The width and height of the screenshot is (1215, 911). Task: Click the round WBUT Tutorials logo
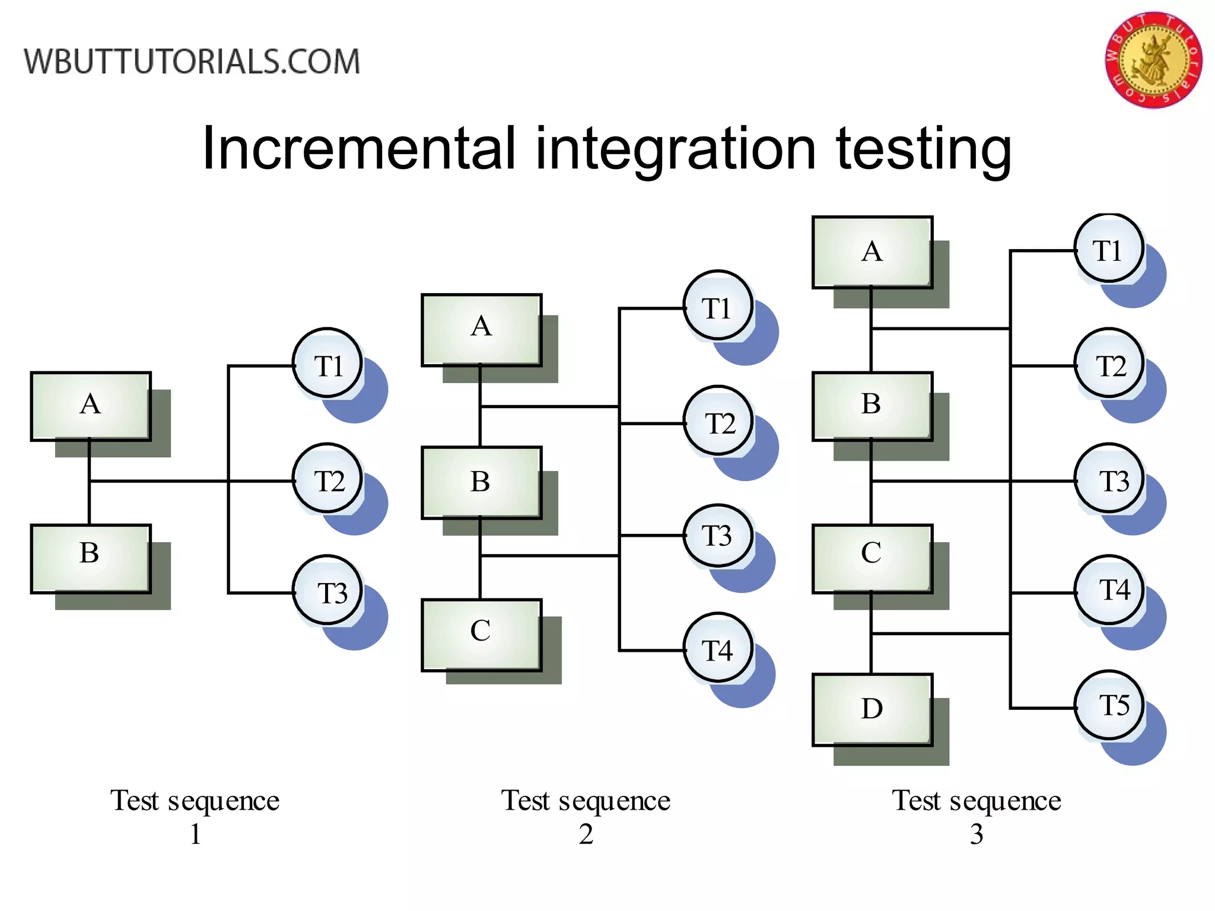[1153, 60]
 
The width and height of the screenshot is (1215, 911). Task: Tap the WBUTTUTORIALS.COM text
[192, 62]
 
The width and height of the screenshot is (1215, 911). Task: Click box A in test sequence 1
[91, 406]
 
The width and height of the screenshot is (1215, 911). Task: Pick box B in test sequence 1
[91, 558]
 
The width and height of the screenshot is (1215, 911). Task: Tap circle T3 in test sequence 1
[327, 591]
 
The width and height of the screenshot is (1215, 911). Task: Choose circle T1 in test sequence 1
[327, 363]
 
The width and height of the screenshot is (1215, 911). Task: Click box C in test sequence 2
[481, 634]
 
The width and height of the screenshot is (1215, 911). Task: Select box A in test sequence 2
[481, 329]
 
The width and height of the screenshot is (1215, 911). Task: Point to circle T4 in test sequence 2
[718, 648]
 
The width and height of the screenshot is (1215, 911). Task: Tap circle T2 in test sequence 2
[718, 421]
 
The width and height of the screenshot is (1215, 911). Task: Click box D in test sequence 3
[872, 709]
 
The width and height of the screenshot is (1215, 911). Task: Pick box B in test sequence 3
[872, 406]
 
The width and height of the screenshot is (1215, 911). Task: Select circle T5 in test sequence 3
[1109, 705]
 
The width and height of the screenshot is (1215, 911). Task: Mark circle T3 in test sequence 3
[1109, 478]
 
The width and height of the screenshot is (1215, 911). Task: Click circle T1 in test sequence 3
[1109, 249]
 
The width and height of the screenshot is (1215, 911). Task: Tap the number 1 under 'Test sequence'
[195, 834]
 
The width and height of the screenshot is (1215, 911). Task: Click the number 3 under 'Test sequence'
[977, 834]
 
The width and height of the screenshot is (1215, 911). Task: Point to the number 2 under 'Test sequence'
[586, 834]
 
